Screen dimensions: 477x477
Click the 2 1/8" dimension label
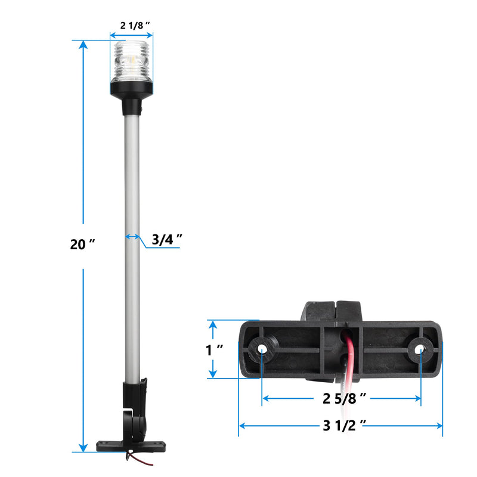pyautogui.click(x=135, y=25)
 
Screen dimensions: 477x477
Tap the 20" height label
pyautogui.click(x=82, y=244)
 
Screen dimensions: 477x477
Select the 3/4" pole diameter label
pyautogui.click(x=167, y=240)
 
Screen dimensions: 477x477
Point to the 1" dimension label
pyautogui.click(x=214, y=350)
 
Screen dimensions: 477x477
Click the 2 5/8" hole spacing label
pyautogui.click(x=345, y=398)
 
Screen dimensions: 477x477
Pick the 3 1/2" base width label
pyautogui.click(x=345, y=425)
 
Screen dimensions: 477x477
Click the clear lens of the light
pyautogui.click(x=131, y=62)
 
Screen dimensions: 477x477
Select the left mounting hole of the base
pyautogui.click(x=261, y=349)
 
